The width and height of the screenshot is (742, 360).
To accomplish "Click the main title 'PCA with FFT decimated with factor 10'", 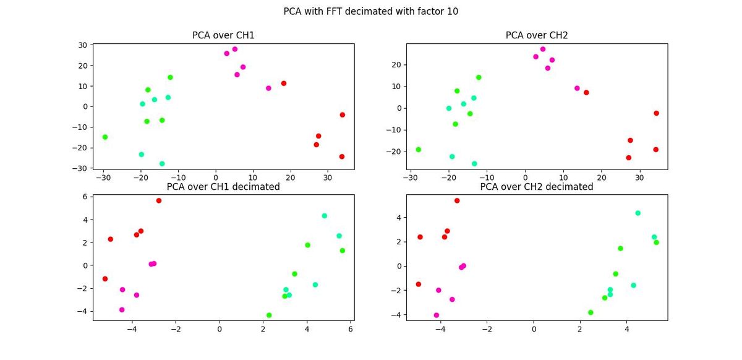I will (371, 11).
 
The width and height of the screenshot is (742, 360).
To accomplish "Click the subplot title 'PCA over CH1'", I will (223, 35).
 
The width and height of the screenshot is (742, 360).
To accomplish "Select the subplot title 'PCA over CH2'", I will (537, 35).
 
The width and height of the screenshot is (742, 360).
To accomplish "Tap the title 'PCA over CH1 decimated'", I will (223, 186).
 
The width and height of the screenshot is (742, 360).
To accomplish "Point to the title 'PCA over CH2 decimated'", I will (537, 186).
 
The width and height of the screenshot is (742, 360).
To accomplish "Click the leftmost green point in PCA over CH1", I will (105, 137).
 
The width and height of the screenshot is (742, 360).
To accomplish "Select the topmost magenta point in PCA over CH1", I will (235, 49).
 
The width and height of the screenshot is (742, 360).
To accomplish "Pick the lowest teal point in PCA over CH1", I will (162, 164).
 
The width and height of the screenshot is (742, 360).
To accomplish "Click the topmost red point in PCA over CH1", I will (284, 84).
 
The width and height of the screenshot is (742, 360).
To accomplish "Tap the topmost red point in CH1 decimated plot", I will (159, 200).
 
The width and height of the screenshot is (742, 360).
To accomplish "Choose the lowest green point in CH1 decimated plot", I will (269, 315).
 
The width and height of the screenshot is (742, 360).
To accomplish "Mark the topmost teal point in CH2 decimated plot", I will (638, 213).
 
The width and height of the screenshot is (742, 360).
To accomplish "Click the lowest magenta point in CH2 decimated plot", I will (437, 315).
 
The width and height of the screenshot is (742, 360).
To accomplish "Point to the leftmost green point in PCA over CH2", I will (419, 149).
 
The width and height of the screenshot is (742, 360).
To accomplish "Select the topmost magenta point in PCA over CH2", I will (543, 49).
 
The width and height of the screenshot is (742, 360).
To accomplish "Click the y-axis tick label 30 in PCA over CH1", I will (82, 45).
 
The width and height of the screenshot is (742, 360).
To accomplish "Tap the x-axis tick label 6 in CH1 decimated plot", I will (351, 330).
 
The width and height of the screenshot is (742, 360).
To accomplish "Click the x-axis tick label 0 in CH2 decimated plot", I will (534, 330).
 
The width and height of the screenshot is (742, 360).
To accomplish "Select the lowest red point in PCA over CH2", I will (629, 158).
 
